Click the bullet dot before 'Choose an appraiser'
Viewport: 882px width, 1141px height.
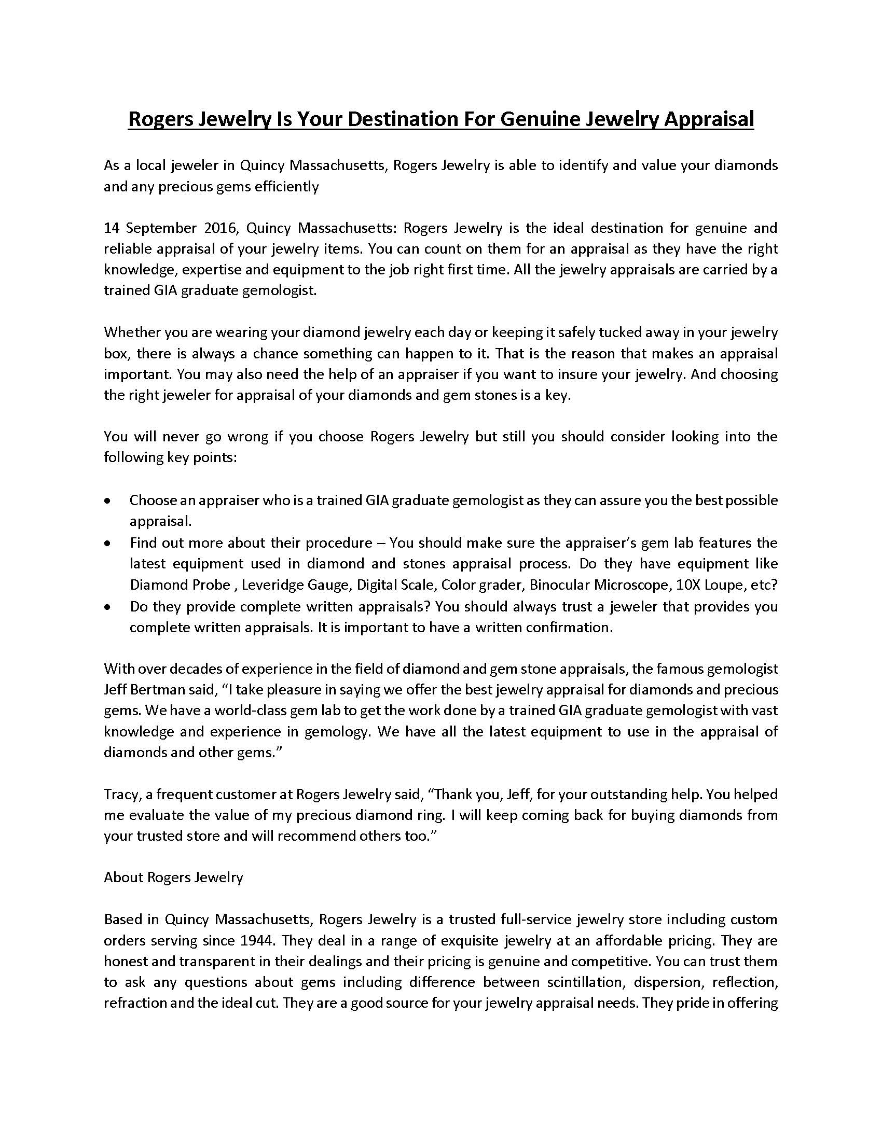pos(107,500)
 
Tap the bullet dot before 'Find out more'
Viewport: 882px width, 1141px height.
pos(107,544)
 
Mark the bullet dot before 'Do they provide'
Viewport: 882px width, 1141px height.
pos(107,607)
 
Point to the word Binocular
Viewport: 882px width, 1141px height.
pos(560,585)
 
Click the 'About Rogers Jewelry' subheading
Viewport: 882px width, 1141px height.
pos(173,877)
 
